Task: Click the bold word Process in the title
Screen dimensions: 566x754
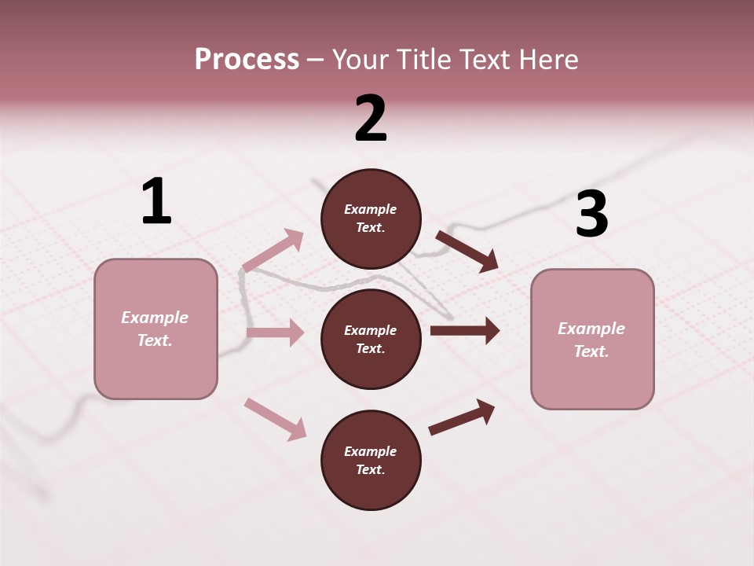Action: tap(247, 60)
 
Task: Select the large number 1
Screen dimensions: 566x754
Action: tap(156, 201)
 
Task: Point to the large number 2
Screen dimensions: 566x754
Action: tap(371, 119)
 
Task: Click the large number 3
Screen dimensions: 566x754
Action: tap(591, 214)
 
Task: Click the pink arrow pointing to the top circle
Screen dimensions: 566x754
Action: tap(274, 250)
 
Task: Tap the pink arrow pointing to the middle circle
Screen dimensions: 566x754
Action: tap(275, 333)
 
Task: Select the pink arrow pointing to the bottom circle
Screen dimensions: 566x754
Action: tap(276, 419)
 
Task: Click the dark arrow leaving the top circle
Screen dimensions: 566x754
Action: tap(467, 251)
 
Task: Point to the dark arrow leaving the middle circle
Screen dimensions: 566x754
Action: tap(464, 331)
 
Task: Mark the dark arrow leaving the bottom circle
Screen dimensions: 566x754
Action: tap(462, 417)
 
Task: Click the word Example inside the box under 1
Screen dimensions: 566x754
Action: tap(155, 318)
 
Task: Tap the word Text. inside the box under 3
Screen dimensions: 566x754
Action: tap(591, 351)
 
